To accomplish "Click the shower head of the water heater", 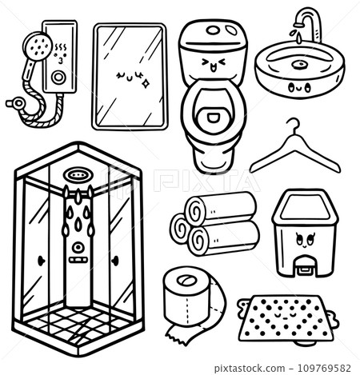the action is (x=38, y=46).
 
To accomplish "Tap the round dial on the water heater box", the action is (x=58, y=78).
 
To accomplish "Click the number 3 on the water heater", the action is (x=61, y=61).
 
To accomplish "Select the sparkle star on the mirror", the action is (x=146, y=84).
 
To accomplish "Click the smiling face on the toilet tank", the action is (x=213, y=64).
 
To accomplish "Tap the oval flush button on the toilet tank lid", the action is (x=213, y=30).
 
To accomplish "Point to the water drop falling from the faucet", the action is (x=300, y=38).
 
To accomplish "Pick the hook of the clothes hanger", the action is (x=294, y=126).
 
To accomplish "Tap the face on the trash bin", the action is (x=305, y=240).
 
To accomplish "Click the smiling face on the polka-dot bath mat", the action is (x=285, y=316).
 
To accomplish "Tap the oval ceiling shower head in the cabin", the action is (x=78, y=175).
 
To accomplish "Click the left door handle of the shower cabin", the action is (x=40, y=261).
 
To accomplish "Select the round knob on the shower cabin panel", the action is (x=78, y=247).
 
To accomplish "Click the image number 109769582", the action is (x=324, y=369).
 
